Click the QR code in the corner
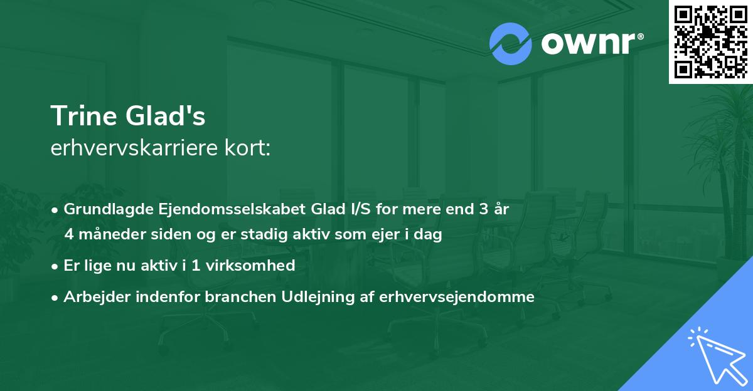coord(710,41)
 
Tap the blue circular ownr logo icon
coord(510,44)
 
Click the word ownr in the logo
coord(588,44)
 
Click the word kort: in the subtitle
coord(250,149)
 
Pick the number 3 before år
coord(483,209)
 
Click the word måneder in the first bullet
coord(117,235)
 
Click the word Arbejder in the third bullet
coord(92,296)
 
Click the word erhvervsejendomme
coord(457,296)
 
